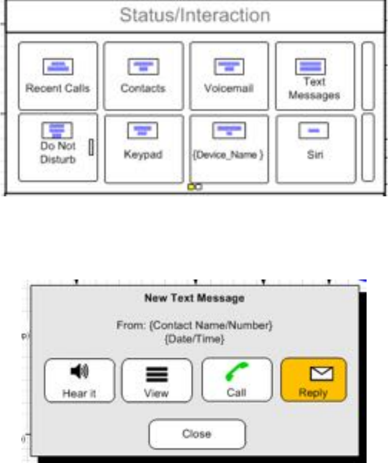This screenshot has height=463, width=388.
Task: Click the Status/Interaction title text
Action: (194, 15)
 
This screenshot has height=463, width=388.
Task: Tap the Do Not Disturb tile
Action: (58, 147)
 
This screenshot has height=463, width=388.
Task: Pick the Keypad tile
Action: (143, 149)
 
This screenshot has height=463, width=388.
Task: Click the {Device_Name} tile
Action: (228, 149)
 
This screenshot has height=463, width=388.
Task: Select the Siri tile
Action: (314, 149)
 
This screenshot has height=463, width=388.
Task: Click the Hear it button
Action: (79, 380)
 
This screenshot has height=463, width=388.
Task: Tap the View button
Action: (156, 380)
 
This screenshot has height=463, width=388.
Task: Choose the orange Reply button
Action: (313, 380)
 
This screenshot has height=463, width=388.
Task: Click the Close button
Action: (197, 434)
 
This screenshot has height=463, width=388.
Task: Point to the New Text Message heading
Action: (193, 298)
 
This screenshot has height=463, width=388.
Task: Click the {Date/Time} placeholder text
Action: (193, 337)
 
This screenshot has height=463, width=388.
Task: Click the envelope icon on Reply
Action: (314, 373)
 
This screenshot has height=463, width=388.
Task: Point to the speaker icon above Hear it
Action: (80, 371)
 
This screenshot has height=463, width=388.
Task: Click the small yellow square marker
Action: (191, 187)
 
